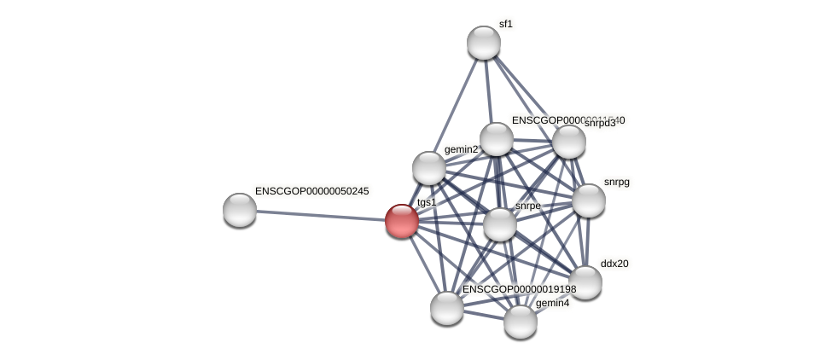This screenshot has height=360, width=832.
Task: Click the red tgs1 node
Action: (402, 221)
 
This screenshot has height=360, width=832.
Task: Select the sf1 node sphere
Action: (484, 43)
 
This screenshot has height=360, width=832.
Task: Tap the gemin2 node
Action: (429, 168)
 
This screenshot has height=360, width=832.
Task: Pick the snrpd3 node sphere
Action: (569, 142)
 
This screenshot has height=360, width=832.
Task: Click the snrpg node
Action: (589, 200)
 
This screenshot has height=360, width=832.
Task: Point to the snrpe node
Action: (500, 224)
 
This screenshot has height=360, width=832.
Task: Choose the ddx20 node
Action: (585, 282)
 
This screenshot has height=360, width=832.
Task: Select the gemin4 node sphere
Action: (521, 322)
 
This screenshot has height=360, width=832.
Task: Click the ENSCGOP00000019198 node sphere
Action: (447, 308)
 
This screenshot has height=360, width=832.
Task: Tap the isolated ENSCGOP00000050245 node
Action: (240, 210)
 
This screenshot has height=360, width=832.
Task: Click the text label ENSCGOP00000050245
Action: (311, 191)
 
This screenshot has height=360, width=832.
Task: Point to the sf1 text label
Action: (506, 24)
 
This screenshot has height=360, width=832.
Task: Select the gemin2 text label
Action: (461, 150)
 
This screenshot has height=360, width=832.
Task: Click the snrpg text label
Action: (616, 182)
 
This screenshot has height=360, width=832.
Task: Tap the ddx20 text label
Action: (614, 264)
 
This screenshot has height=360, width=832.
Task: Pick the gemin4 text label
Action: (552, 303)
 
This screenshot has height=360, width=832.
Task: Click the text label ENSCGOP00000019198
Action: (519, 289)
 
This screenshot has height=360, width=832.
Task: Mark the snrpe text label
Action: (527, 206)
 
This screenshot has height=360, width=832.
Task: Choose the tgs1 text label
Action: (426, 202)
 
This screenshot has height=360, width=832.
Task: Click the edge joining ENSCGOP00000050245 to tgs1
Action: (321, 215)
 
